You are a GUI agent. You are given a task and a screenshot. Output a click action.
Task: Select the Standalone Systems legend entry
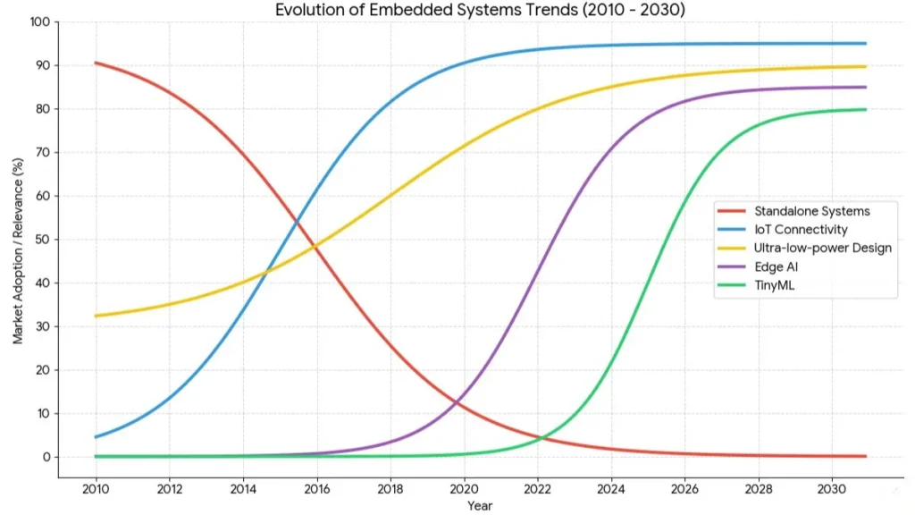pyautogui.click(x=811, y=211)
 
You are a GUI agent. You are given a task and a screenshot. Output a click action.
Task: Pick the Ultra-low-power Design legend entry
pyautogui.click(x=822, y=248)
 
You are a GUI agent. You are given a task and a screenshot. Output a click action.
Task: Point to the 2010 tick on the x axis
pyautogui.click(x=96, y=489)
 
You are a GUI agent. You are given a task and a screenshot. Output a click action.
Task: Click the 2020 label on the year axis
pyautogui.click(x=464, y=489)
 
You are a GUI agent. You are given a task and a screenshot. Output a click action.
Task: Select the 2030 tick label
pyautogui.click(x=831, y=489)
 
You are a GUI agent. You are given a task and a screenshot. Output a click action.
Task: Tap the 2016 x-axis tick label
pyautogui.click(x=316, y=489)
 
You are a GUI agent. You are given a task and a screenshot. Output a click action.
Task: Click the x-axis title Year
pyautogui.click(x=479, y=506)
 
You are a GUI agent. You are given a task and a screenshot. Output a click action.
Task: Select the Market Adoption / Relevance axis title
pyautogui.click(x=18, y=250)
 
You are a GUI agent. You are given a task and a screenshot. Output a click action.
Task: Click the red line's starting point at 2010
pyautogui.click(x=96, y=63)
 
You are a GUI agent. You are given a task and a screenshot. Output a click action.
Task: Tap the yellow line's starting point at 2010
pyautogui.click(x=96, y=316)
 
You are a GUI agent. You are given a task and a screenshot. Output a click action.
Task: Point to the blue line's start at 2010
pyautogui.click(x=96, y=437)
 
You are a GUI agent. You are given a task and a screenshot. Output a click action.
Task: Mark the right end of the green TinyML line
pyautogui.click(x=866, y=109)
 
